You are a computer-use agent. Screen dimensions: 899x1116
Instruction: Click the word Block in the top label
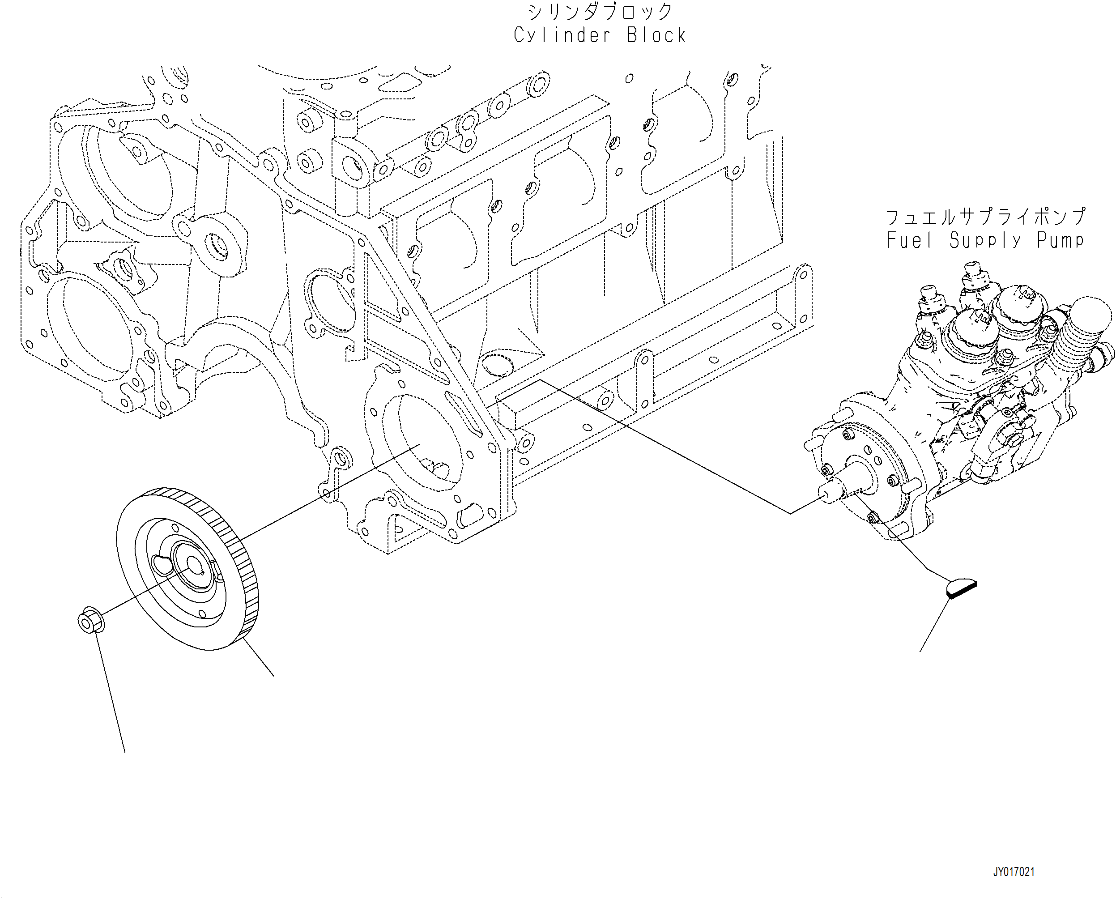656,36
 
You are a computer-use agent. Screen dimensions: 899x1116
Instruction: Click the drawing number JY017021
1014,872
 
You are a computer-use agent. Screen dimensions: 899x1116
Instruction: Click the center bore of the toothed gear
194,566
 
